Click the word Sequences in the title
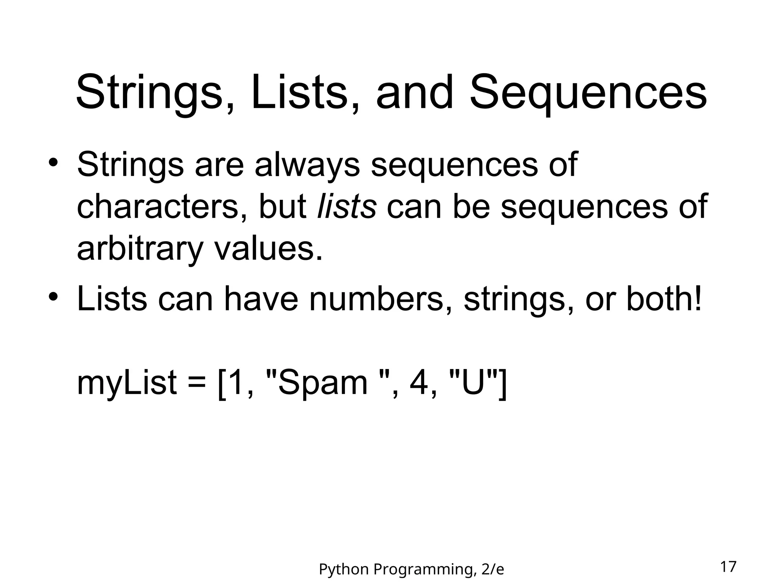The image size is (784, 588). [x=588, y=93]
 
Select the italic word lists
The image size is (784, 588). [x=347, y=207]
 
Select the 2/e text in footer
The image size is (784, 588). [x=493, y=570]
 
